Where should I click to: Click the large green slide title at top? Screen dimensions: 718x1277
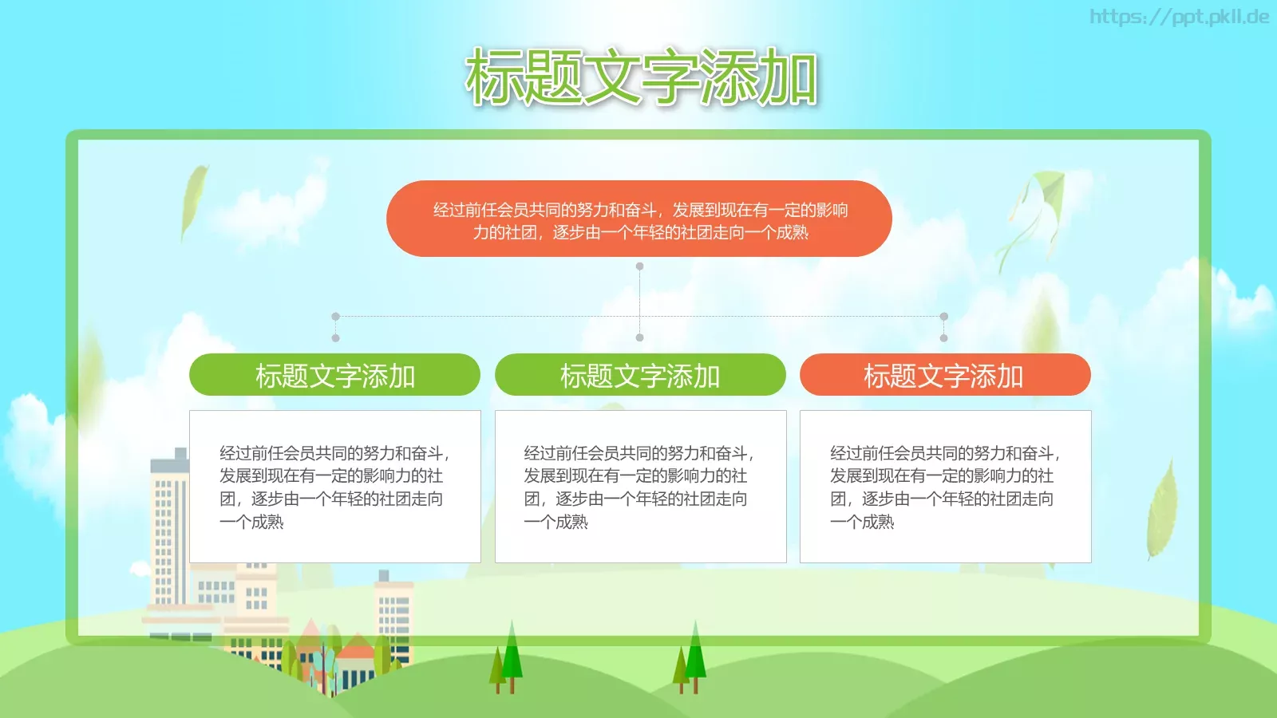click(x=641, y=77)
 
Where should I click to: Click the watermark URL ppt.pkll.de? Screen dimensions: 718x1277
click(x=1179, y=17)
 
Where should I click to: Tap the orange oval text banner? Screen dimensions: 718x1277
click(x=638, y=219)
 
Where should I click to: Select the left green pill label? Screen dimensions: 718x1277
click(x=334, y=375)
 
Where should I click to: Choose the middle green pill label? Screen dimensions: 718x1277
click(x=640, y=375)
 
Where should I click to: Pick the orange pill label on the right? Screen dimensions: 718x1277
click(x=945, y=375)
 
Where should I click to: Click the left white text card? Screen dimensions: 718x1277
click(x=334, y=487)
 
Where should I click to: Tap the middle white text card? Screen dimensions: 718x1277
click(x=640, y=487)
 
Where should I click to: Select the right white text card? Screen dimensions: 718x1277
click(x=945, y=487)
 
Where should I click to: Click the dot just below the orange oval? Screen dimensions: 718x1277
click(x=639, y=266)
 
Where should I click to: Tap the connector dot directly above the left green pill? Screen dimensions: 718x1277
click(x=335, y=338)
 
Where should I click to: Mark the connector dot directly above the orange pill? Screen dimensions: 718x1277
click(x=943, y=338)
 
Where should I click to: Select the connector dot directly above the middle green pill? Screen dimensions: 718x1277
click(x=639, y=338)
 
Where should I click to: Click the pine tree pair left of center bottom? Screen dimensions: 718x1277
click(x=507, y=658)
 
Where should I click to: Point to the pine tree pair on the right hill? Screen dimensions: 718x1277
click(x=691, y=658)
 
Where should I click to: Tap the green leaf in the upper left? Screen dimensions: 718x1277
click(x=193, y=199)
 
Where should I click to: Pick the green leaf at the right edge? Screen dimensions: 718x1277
click(x=1162, y=511)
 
